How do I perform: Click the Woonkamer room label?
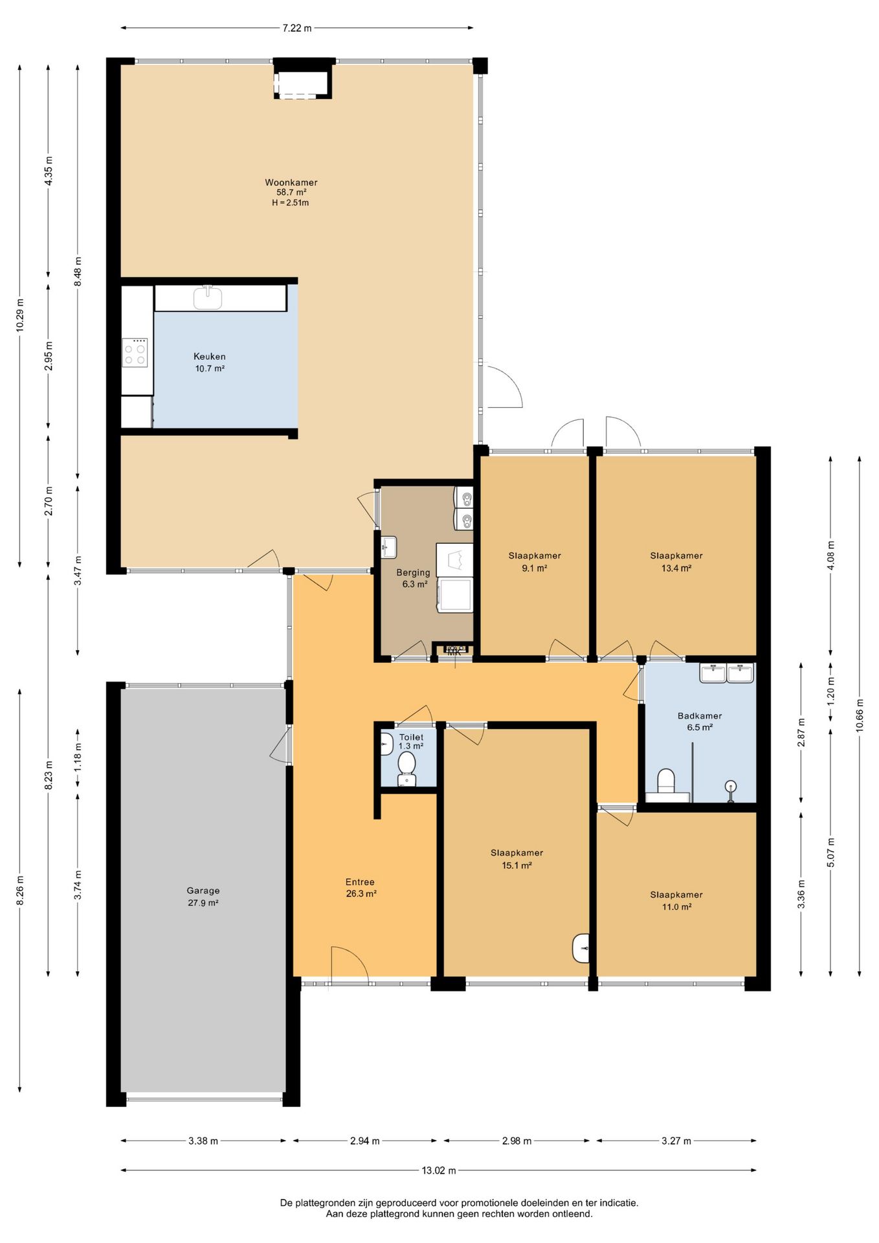coord(291,183)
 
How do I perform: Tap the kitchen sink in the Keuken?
coord(208,298)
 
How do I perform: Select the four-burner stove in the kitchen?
coord(135,353)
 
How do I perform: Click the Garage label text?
coord(203,890)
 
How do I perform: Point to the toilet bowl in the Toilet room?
coord(406,767)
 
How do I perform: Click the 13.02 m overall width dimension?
coord(439,1170)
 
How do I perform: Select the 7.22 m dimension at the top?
coord(297,28)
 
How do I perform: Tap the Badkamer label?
coord(700,715)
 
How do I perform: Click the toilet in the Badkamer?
coord(667,782)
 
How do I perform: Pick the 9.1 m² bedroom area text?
coord(535,568)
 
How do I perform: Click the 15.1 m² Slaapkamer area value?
coord(517,865)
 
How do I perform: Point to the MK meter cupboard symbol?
coord(454,651)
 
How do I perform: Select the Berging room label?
coord(413,572)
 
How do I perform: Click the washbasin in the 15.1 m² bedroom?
coord(581,948)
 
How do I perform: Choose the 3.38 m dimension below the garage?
coord(203,1141)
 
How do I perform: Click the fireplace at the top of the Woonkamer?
coord(303,79)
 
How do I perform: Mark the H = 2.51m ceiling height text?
coord(291,203)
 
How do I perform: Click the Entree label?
coord(360,882)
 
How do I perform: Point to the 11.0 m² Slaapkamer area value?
coord(676,907)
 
